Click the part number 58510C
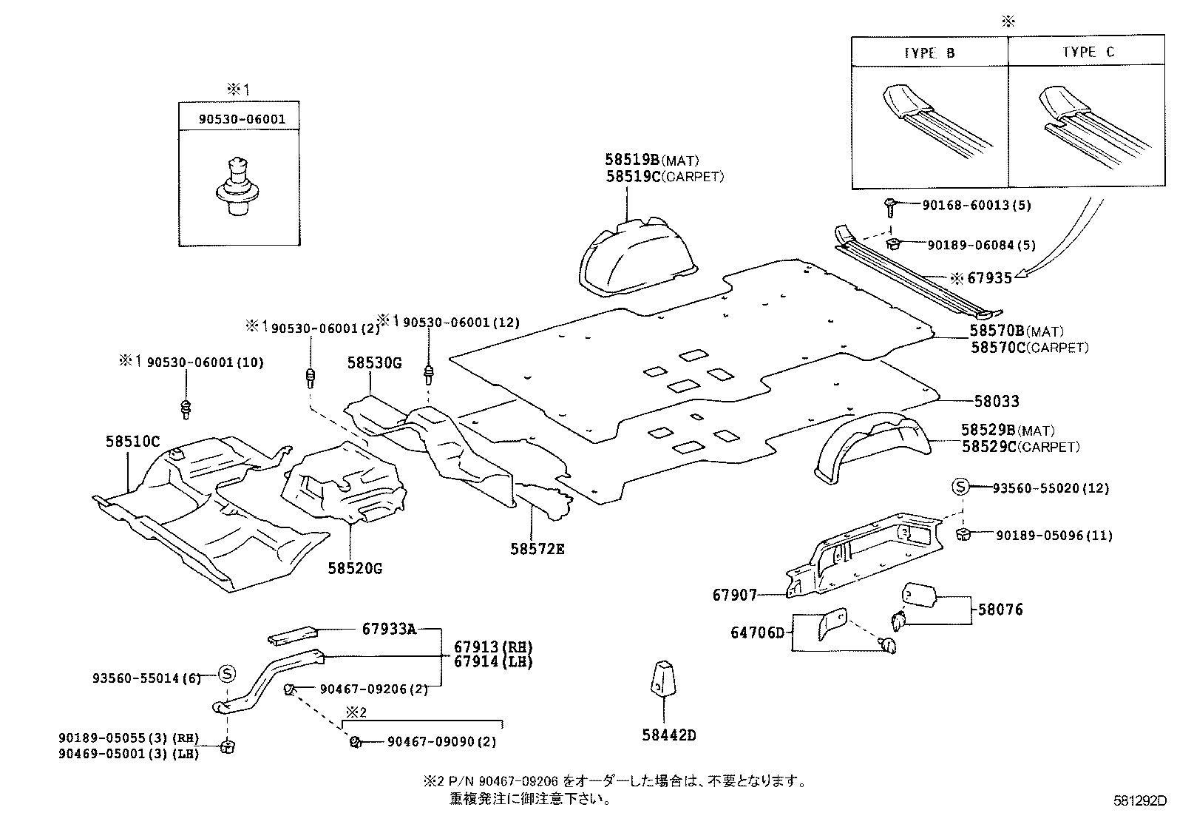click(133, 442)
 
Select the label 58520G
click(355, 569)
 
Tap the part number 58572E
click(537, 549)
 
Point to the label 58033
click(996, 402)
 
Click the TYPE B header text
click(929, 53)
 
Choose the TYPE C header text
click(1088, 53)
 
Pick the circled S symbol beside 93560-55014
click(227, 673)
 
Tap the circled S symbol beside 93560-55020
click(960, 487)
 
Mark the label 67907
click(735, 595)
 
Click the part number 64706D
click(757, 632)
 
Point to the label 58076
click(1000, 610)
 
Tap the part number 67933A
click(389, 630)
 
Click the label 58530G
click(374, 362)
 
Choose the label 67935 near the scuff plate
click(989, 278)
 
